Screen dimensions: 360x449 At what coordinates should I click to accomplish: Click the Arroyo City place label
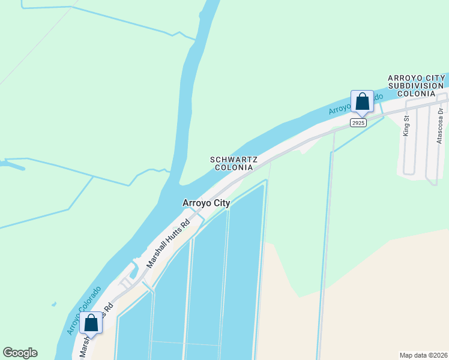point(206,203)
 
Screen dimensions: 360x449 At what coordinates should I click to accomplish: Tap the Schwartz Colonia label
point(234,163)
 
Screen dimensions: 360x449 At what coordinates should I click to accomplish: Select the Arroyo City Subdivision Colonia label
point(415,86)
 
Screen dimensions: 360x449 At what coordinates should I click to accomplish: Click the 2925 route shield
point(358,122)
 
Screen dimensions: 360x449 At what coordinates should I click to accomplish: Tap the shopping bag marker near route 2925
point(362,101)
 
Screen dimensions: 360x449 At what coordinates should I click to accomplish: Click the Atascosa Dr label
point(440,126)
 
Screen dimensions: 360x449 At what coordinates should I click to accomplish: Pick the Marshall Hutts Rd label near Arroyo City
point(169,242)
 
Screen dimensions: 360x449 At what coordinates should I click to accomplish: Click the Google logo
point(20,353)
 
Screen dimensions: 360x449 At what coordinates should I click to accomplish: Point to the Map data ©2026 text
point(423,355)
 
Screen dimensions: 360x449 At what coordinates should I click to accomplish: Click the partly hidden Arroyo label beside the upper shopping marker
point(340,106)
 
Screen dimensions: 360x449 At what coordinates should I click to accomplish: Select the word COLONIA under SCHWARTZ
point(234,167)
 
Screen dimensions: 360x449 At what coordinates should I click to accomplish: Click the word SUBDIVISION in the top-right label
point(415,86)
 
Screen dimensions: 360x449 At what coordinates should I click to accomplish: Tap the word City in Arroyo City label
point(220,203)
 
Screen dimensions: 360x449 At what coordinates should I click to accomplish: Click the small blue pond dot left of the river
point(53,305)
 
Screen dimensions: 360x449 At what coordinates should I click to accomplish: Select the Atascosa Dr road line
point(430,150)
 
